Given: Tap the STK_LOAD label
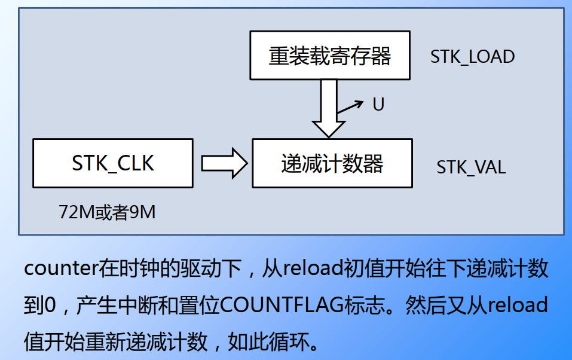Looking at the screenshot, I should [472, 57].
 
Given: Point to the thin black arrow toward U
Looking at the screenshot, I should [350, 107].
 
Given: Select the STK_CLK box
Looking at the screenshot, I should [113, 163].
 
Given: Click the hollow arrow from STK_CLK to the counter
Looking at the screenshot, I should [224, 163].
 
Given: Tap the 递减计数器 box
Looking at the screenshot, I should [332, 163].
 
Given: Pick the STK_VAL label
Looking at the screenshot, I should [471, 166].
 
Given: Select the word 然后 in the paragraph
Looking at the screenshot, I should [423, 306].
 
